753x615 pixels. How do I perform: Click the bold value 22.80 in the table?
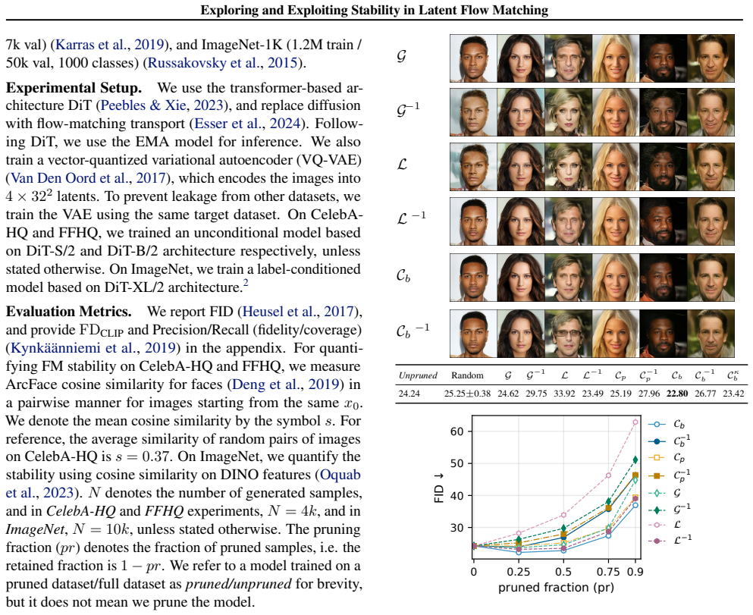pyautogui.click(x=677, y=394)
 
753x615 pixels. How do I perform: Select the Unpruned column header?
pyautogui.click(x=418, y=375)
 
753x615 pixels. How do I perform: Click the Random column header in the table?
pyautogui.click(x=467, y=375)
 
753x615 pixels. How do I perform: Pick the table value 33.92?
pyautogui.click(x=564, y=394)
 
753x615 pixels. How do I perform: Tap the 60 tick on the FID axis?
pyautogui.click(x=457, y=431)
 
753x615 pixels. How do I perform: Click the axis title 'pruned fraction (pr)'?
pyautogui.click(x=556, y=588)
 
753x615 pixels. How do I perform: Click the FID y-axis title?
pyautogui.click(x=438, y=488)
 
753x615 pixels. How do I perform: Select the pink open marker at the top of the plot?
pyautogui.click(x=635, y=422)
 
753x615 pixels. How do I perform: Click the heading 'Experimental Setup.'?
pyautogui.click(x=74, y=88)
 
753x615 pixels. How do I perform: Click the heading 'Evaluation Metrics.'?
pyautogui.click(x=69, y=312)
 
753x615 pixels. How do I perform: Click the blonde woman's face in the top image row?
pyautogui.click(x=615, y=58)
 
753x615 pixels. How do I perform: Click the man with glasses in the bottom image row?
pyautogui.click(x=568, y=334)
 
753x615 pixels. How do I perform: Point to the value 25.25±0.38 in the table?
pyautogui.click(x=467, y=394)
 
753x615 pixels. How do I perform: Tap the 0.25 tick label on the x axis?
pyautogui.click(x=519, y=572)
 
